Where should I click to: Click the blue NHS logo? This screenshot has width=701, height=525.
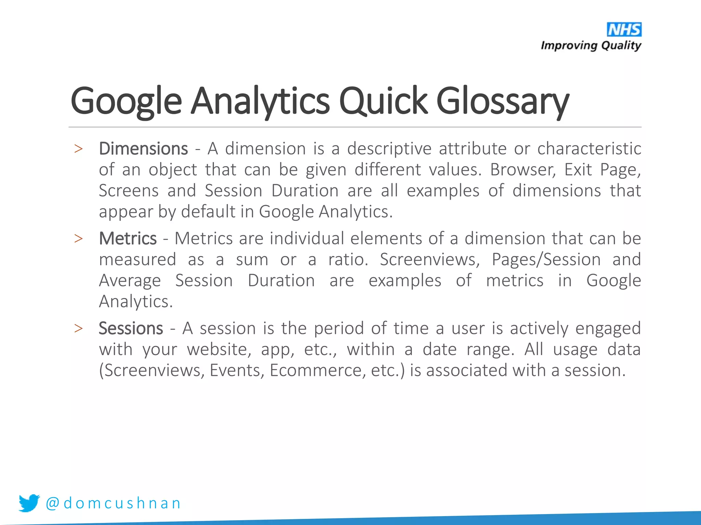(x=624, y=29)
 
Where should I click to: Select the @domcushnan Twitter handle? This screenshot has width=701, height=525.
(x=113, y=503)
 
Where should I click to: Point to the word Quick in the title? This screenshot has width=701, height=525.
(x=383, y=101)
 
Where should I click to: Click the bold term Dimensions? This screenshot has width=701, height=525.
(x=143, y=149)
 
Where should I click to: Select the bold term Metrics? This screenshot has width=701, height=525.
(x=128, y=238)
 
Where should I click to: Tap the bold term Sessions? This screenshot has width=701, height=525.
(x=131, y=328)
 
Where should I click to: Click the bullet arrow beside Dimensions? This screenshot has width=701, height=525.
(x=78, y=149)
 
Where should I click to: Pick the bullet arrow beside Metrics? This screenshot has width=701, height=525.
(x=78, y=239)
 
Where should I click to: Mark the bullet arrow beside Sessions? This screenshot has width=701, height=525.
(x=78, y=328)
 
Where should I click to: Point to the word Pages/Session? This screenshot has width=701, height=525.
(x=546, y=259)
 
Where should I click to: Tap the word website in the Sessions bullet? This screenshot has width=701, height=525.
(x=219, y=350)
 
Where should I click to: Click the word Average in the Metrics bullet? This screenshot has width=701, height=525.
(x=130, y=281)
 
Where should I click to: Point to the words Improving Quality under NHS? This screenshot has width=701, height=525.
(x=591, y=45)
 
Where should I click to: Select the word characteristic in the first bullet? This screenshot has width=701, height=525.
(x=589, y=149)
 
